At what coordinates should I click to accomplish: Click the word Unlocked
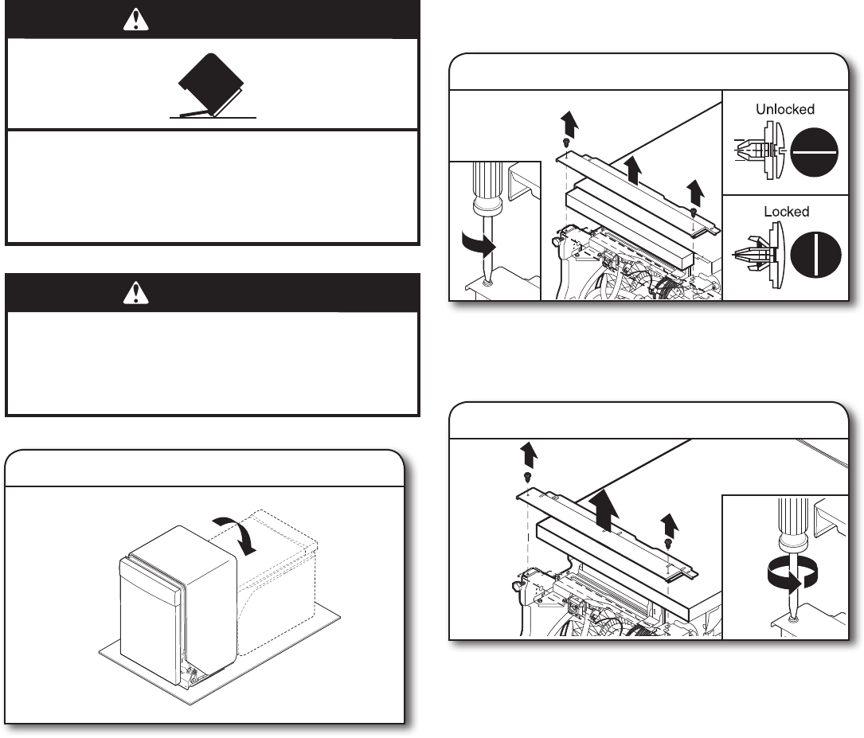785,109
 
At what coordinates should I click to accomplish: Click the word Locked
786,212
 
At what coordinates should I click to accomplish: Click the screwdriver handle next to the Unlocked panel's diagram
487,188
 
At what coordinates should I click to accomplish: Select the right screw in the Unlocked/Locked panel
694,213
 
